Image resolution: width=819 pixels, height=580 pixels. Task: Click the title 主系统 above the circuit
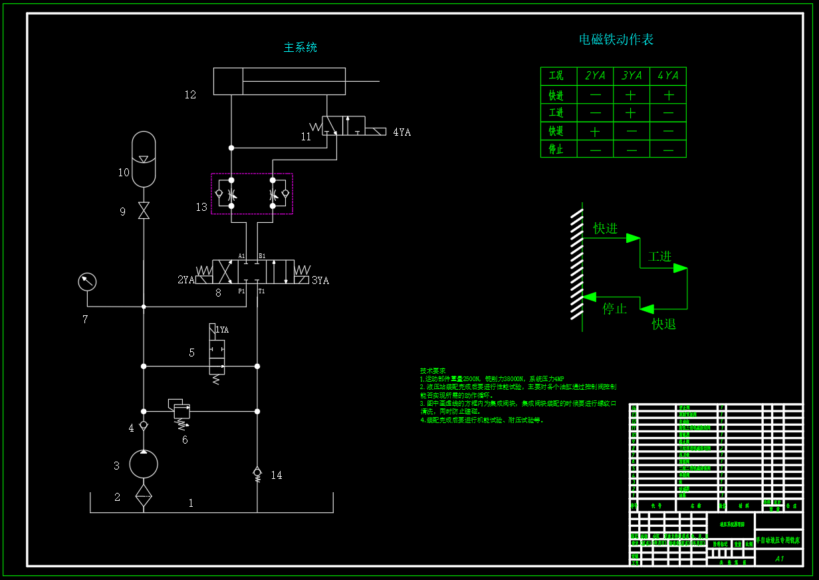point(300,48)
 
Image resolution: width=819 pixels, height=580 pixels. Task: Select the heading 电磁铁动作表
point(616,39)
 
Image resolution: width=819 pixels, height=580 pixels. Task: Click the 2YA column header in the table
point(595,76)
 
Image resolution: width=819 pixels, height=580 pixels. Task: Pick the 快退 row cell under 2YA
point(595,132)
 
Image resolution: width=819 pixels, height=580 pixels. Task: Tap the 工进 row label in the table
point(556,113)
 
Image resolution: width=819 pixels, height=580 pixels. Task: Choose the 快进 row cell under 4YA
point(668,95)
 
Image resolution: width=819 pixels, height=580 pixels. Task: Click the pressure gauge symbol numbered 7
point(87,282)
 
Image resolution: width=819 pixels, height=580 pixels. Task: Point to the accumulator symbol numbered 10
point(144,160)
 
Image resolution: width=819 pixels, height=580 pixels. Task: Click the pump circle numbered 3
point(144,464)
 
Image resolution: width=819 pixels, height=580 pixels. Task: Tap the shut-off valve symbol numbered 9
point(144,211)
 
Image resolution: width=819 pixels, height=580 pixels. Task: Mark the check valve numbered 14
point(257,473)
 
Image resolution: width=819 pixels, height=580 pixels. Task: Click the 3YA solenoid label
point(320,281)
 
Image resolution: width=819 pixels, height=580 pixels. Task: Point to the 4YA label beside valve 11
point(402,132)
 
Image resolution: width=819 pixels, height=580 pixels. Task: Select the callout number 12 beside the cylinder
point(191,95)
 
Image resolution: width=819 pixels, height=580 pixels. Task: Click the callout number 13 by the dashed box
point(201,208)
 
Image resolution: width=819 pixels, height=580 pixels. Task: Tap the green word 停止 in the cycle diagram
point(615,309)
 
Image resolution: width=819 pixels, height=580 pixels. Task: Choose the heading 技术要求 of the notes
point(433,370)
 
